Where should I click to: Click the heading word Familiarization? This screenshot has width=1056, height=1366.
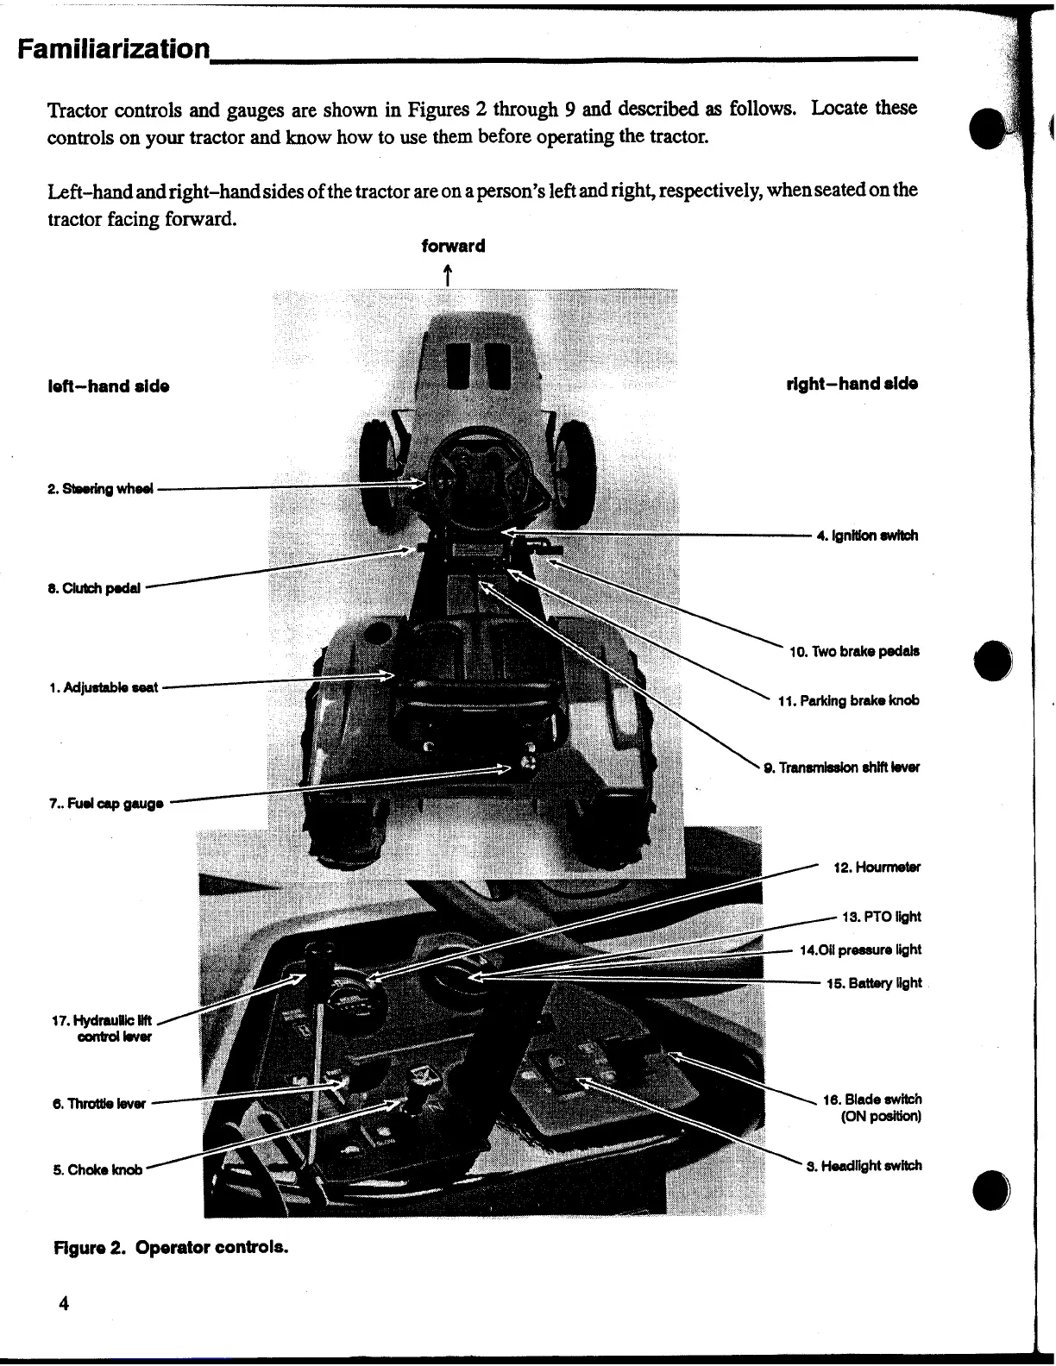114,48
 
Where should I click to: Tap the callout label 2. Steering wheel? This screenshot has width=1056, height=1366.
101,489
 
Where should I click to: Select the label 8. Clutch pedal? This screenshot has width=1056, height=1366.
95,588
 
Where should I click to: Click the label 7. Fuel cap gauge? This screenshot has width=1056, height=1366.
106,804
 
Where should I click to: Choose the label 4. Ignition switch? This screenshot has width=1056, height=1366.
867,536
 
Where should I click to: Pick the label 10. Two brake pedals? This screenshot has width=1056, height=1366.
854,651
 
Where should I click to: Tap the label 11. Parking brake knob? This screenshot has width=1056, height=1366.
848,700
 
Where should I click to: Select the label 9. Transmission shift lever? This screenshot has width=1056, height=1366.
841,768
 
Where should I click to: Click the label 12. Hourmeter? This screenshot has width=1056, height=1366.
877,867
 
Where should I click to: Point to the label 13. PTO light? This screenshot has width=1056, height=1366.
881,917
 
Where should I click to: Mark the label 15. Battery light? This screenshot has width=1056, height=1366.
873,983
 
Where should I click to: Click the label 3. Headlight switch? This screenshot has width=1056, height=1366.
864,1166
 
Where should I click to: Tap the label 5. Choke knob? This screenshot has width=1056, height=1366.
97,1170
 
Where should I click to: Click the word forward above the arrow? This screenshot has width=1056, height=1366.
453,246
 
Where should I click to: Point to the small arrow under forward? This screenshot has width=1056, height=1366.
448,274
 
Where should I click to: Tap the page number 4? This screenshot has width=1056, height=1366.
63,1303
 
